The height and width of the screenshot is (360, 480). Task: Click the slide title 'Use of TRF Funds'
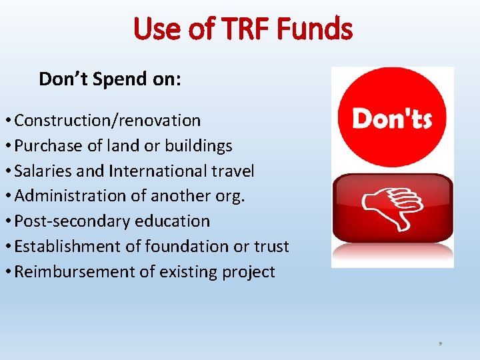pos(243,29)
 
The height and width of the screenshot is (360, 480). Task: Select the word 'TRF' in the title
pos(236,29)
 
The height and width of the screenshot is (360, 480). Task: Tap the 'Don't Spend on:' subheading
pos(110,79)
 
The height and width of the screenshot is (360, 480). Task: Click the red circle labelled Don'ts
pos(392,118)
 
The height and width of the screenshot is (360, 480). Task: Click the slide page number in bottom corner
pos(441,343)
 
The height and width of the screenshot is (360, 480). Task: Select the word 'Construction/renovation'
pos(107,121)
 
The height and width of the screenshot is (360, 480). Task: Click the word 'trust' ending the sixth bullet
pos(271,247)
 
